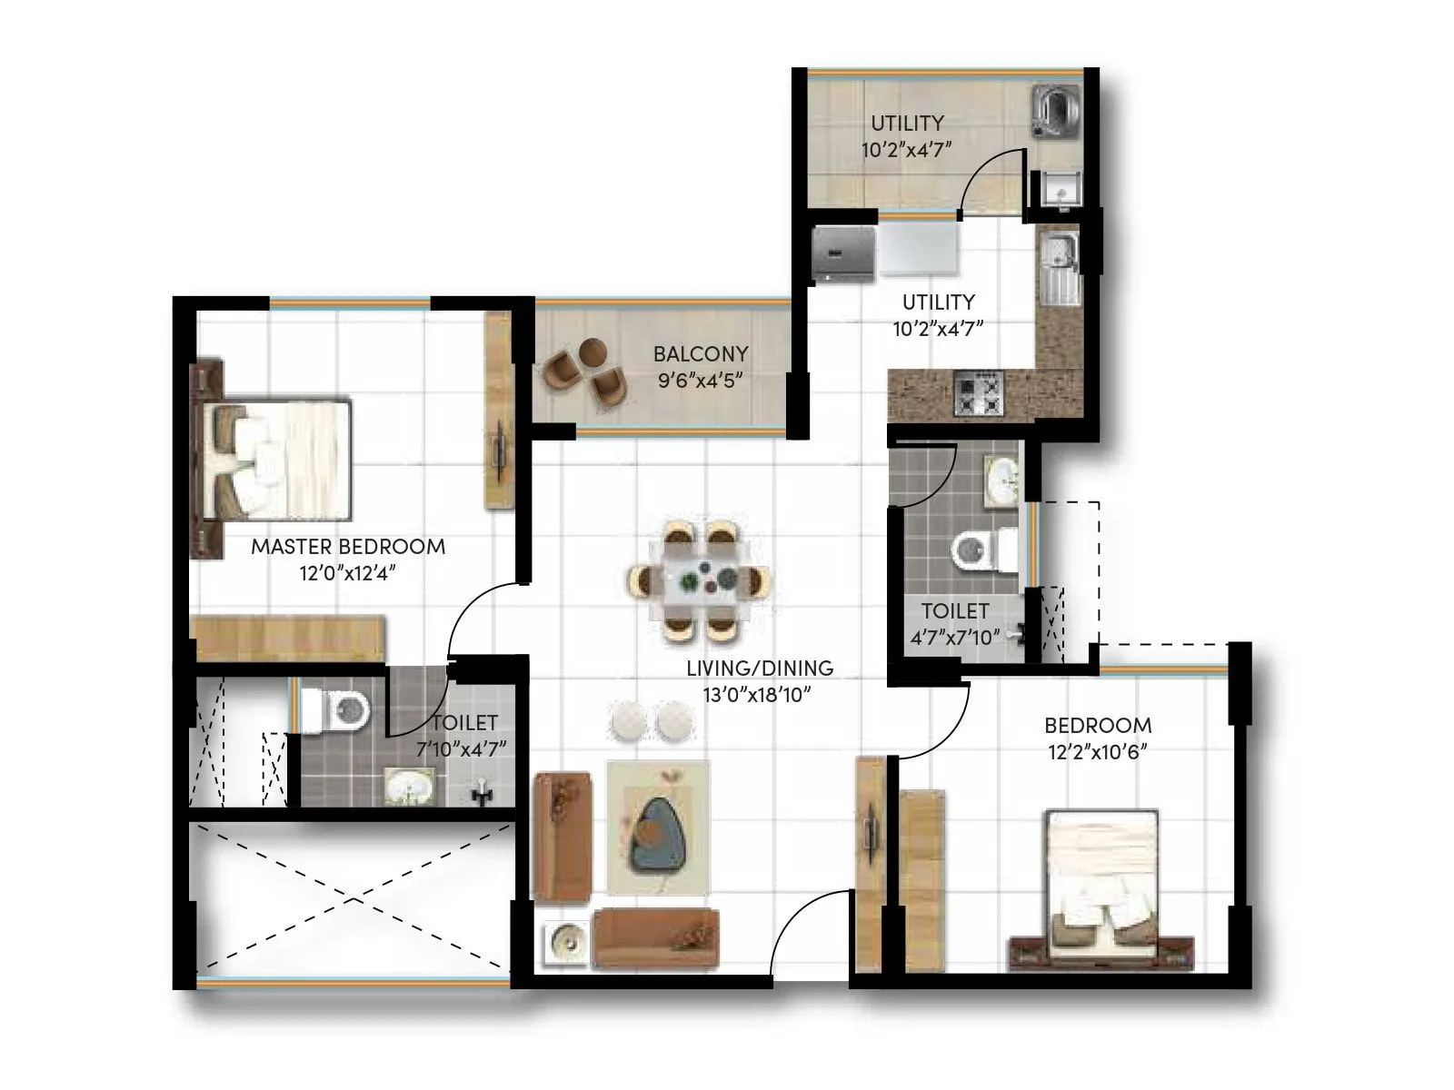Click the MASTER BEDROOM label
tap(348, 547)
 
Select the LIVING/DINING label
tap(760, 669)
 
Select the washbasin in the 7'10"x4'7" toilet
tap(408, 787)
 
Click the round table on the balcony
tap(593, 351)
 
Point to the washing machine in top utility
tap(1054, 112)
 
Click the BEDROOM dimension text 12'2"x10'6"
tap(1097, 752)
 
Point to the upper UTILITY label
tap(907, 123)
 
